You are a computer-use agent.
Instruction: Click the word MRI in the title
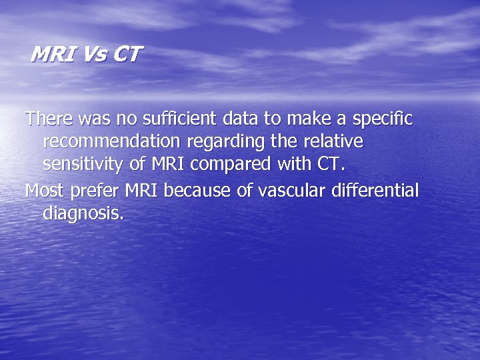point(54,54)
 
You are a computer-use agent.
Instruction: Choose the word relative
point(333,141)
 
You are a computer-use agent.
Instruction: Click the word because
point(195,191)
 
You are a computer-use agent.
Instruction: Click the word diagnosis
point(83,215)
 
